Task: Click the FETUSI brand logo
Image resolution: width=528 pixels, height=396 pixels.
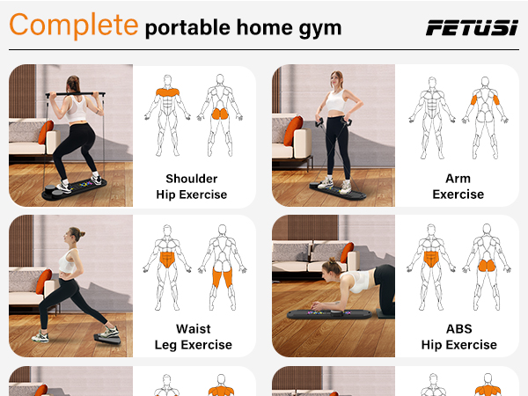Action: coord(472,27)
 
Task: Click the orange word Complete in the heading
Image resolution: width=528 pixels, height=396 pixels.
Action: coord(73,26)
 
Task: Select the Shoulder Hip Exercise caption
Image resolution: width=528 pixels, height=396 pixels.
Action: coord(191,187)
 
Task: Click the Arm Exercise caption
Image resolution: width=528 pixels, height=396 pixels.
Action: coord(458,187)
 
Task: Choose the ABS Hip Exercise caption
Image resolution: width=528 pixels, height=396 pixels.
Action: coord(458,337)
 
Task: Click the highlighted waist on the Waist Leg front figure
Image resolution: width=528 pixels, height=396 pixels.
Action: coord(165,259)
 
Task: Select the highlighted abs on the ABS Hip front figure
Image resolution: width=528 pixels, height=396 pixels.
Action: coord(430,259)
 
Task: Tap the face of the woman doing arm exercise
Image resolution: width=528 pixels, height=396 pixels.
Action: coord(337,80)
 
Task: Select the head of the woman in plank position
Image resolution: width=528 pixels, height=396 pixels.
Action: coord(335,268)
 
